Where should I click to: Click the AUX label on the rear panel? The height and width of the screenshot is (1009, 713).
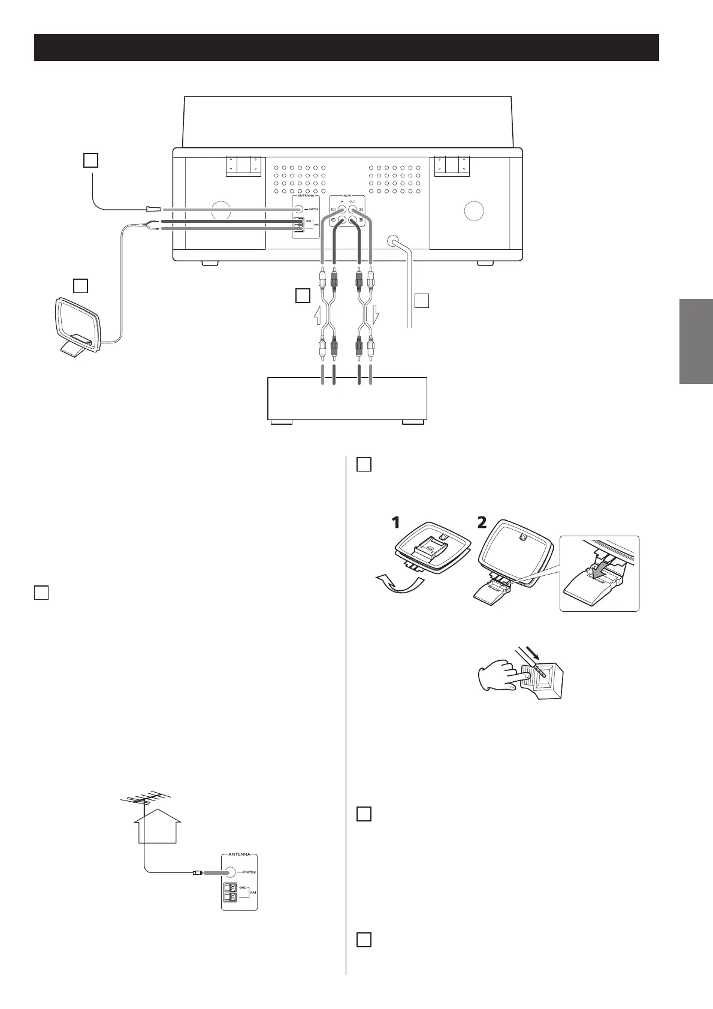tap(347, 196)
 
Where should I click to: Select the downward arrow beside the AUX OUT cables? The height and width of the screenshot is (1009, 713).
tap(375, 314)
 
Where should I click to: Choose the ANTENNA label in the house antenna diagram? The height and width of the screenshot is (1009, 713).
tap(239, 854)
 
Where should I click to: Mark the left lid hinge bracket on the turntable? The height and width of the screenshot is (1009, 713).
tap(244, 166)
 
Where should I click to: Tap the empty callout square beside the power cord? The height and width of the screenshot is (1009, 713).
tap(422, 300)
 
